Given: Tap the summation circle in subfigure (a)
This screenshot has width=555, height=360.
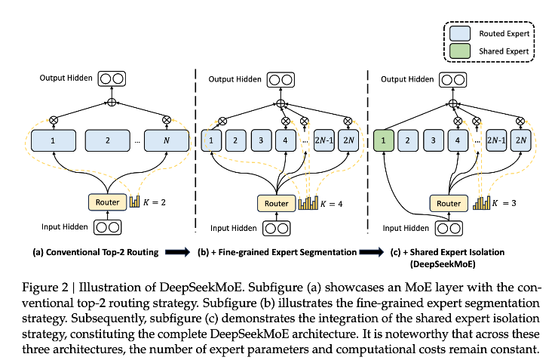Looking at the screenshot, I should click(x=112, y=102).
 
